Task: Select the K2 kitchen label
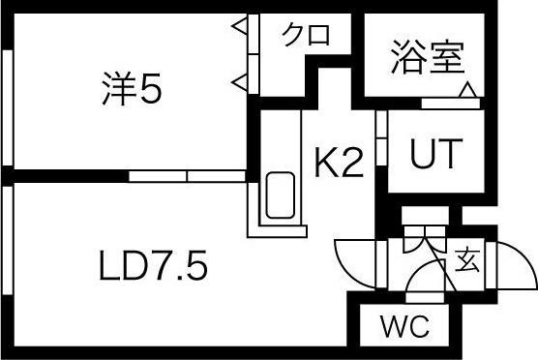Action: point(338,162)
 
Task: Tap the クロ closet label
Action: point(306,35)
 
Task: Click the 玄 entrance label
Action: point(467,259)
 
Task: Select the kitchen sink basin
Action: point(280,196)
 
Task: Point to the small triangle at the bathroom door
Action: point(467,91)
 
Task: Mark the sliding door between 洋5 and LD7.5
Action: point(188,176)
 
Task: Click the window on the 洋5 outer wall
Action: point(9,107)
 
